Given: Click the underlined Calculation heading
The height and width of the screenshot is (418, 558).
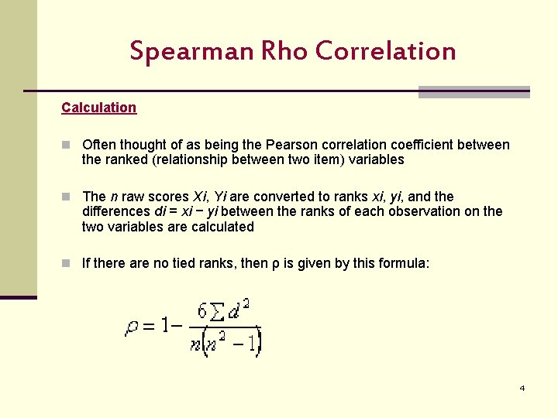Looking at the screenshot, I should [x=99, y=108].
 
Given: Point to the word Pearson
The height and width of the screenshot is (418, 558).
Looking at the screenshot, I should [x=290, y=145].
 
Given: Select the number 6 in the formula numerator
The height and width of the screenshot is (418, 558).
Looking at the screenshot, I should [x=203, y=312].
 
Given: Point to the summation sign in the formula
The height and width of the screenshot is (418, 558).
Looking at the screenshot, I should [x=219, y=313].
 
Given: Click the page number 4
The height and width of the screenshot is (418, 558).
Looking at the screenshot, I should [x=522, y=388].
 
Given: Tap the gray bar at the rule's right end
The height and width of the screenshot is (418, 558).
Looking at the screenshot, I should [x=474, y=92].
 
